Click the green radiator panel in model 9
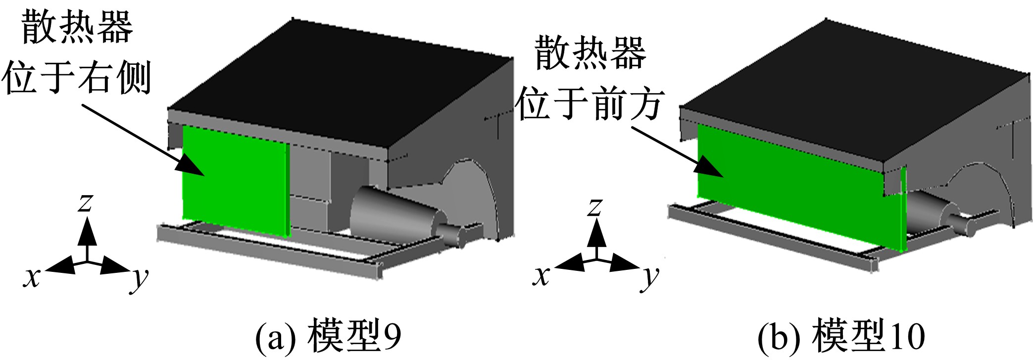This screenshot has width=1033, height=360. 235,181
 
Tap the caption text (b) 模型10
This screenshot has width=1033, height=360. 841,337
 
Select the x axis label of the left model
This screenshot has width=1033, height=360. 32,277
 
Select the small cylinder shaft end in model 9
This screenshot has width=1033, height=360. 452,236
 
